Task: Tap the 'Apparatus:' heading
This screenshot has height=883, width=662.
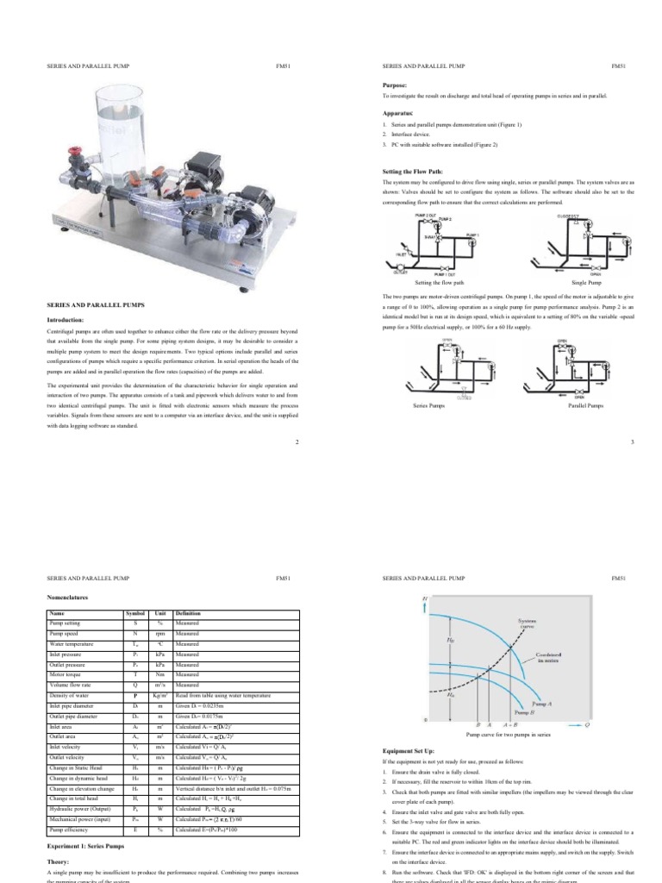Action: pos(397,113)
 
